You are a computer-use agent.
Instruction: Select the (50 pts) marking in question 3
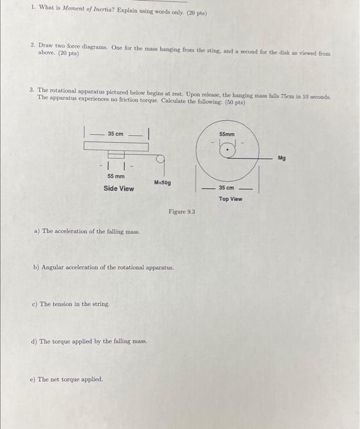click(x=234, y=102)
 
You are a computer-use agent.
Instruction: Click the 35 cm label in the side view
click(x=115, y=134)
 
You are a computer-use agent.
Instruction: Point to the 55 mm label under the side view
click(x=115, y=176)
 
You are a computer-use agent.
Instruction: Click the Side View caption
click(x=118, y=189)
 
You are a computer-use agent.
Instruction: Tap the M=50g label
click(x=163, y=183)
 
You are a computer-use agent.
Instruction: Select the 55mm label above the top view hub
click(x=227, y=134)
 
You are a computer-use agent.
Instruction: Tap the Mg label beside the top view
click(x=281, y=158)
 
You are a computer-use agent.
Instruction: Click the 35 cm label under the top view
click(x=226, y=188)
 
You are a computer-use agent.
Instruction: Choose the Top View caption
click(x=231, y=199)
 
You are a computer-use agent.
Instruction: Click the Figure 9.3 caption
click(x=182, y=212)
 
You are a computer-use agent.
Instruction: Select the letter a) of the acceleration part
click(x=37, y=232)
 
